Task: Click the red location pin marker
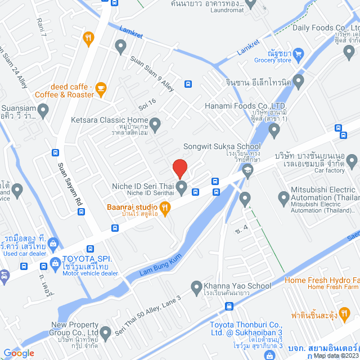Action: [179, 168]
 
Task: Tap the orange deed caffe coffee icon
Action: [101, 88]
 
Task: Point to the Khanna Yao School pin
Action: [197, 287]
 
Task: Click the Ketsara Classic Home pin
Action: [156, 123]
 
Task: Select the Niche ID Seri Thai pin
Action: [181, 186]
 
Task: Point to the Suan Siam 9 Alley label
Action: [152, 72]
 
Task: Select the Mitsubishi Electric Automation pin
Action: [283, 197]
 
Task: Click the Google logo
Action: [19, 353]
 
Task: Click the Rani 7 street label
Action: [40, 25]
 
